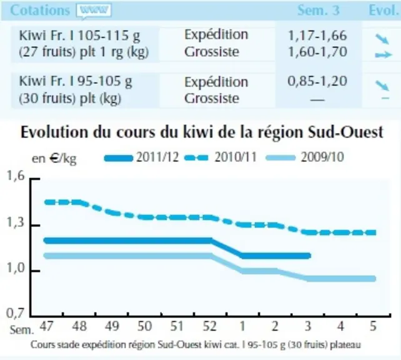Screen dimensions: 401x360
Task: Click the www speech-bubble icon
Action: (x=94, y=11)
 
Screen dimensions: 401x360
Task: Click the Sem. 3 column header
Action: (x=319, y=10)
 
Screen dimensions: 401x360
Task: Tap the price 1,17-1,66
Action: (x=317, y=35)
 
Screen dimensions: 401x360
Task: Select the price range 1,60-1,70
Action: (x=317, y=52)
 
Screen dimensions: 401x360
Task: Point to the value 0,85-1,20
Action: (x=317, y=81)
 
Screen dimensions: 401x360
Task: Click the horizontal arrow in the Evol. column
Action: (x=384, y=55)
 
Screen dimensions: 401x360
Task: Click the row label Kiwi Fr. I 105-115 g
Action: (x=79, y=36)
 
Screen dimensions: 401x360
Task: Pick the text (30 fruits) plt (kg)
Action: (x=70, y=99)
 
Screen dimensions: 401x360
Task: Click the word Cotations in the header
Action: (x=40, y=11)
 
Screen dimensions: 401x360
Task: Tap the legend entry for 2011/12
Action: (x=142, y=157)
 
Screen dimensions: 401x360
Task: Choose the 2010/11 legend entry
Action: (x=220, y=157)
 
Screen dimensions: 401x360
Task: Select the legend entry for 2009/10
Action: (x=305, y=157)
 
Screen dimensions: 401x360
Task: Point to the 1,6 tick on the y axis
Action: (x=16, y=176)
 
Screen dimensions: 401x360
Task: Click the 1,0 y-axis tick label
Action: (x=16, y=268)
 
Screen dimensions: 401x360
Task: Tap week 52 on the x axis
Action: (x=209, y=326)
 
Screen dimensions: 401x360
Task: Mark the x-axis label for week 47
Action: (x=47, y=326)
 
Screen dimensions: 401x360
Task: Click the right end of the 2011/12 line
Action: (x=309, y=256)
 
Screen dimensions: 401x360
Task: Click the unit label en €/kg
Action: (x=54, y=159)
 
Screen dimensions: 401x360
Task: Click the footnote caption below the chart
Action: (x=196, y=344)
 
